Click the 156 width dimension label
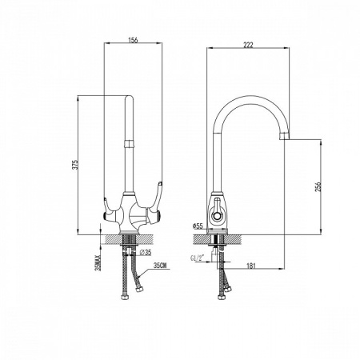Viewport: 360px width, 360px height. point(133,40)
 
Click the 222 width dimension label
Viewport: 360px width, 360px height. point(248,45)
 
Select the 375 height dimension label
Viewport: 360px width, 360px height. point(76,165)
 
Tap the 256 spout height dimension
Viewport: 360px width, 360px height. point(318,186)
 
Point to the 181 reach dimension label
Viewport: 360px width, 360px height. point(251,266)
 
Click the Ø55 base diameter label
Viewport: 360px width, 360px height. point(198,226)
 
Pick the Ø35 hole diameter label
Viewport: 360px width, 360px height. point(146,252)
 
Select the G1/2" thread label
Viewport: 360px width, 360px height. point(197,258)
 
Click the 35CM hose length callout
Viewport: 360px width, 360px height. point(160,266)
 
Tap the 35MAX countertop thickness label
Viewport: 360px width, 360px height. point(98,263)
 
